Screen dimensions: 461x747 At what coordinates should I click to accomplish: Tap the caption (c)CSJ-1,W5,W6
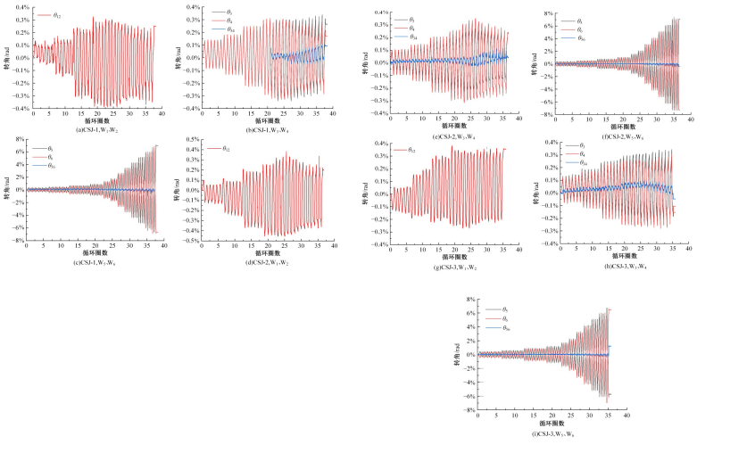click(x=93, y=261)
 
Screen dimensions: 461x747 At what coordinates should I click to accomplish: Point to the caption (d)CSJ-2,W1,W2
click(x=265, y=261)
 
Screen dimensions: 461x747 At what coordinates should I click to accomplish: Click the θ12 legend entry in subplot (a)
click(x=49, y=15)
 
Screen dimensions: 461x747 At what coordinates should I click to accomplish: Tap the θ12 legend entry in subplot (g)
click(x=407, y=150)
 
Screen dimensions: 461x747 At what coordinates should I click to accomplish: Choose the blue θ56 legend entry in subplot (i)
click(x=502, y=328)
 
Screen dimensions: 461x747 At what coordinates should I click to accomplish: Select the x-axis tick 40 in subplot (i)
click(x=627, y=416)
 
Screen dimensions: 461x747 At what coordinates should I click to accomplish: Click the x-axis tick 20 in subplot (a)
click(x=96, y=114)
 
